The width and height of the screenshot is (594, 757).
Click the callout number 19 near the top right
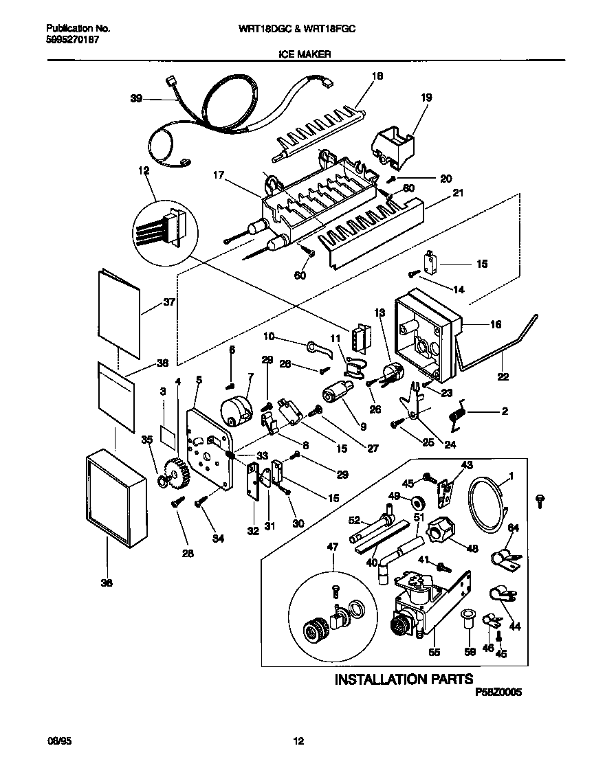[x=426, y=98]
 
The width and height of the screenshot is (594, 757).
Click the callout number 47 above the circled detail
[x=333, y=547]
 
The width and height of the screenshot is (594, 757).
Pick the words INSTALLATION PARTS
[x=403, y=679]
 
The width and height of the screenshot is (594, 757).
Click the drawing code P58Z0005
[x=498, y=694]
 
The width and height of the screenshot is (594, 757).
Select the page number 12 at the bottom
[x=298, y=741]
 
